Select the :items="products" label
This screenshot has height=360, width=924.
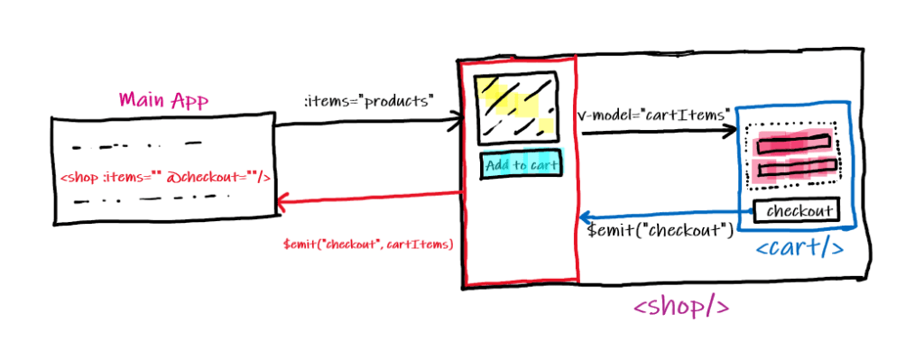click(368, 101)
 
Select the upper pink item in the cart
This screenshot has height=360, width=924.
click(791, 142)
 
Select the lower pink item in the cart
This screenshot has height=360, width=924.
click(791, 168)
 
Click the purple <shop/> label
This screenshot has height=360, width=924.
click(680, 307)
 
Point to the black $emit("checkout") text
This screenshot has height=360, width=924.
click(658, 231)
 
